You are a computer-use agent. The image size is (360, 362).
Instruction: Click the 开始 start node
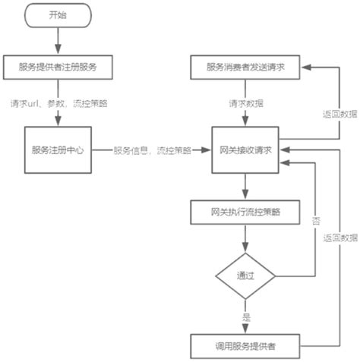(x=57, y=14)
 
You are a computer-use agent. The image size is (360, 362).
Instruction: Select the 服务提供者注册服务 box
(x=58, y=67)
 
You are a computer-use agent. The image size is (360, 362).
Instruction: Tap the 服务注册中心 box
(x=58, y=150)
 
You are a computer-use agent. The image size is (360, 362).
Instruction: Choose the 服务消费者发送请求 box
(x=245, y=67)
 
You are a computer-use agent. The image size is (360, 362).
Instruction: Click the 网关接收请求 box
(x=245, y=150)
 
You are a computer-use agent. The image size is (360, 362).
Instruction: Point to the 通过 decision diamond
(x=245, y=275)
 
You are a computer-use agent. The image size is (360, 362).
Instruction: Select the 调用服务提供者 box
(x=245, y=345)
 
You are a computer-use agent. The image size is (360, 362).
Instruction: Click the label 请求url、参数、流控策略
(x=58, y=103)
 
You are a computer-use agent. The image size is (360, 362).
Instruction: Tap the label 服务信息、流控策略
(x=152, y=150)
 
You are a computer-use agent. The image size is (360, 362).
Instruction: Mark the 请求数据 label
(x=245, y=103)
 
